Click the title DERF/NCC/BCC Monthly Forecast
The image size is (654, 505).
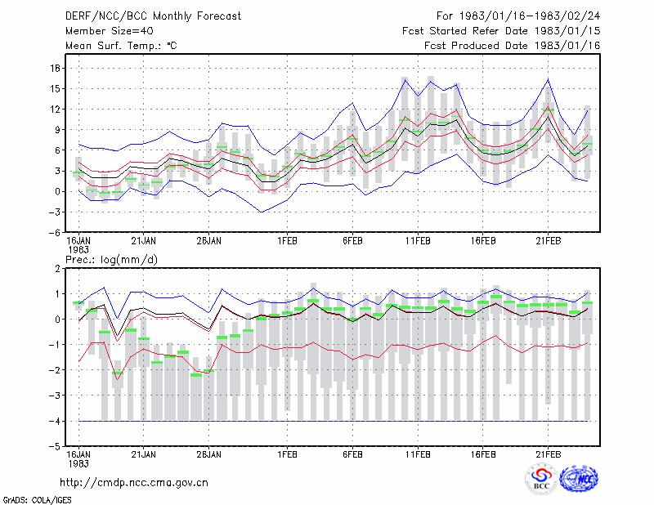click(153, 16)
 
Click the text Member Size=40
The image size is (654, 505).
click(110, 31)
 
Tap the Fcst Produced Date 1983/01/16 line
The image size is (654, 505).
click(513, 46)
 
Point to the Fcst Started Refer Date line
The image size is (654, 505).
click(501, 31)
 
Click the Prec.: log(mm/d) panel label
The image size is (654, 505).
click(111, 260)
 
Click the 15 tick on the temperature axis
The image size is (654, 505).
click(56, 88)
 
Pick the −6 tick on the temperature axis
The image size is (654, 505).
click(55, 232)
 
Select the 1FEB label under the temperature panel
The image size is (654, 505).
click(287, 241)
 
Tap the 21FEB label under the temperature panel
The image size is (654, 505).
click(548, 241)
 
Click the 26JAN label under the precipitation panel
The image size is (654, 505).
click(208, 454)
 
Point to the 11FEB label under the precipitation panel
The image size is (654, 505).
click(418, 454)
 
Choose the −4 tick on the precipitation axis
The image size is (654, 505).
click(55, 421)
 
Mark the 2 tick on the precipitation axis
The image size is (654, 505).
click(57, 269)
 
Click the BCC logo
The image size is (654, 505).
click(541, 479)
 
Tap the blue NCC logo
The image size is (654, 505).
click(579, 479)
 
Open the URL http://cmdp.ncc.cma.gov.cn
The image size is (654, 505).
click(134, 482)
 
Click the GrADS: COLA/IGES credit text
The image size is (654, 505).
click(37, 500)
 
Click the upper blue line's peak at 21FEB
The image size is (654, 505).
click(548, 78)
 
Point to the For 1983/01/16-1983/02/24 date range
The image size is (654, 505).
click(518, 16)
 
